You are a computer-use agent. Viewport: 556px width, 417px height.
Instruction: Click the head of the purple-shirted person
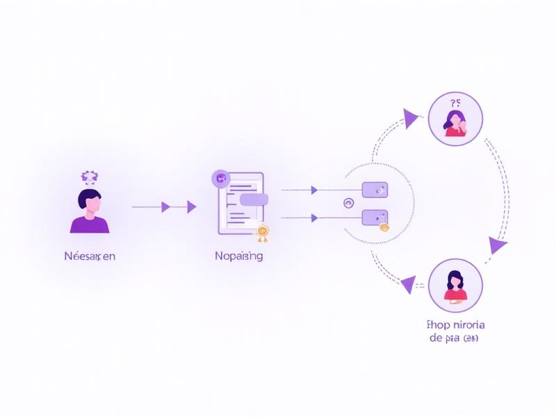[90, 201]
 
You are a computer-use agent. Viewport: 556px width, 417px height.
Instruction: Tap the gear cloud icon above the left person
[89, 177]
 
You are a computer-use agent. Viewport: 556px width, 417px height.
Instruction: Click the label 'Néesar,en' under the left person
[89, 256]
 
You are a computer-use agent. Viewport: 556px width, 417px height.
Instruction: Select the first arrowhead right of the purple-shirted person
[165, 206]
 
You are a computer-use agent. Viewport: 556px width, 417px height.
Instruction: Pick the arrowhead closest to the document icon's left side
[191, 206]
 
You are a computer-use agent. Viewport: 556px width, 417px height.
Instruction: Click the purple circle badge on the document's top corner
[220, 179]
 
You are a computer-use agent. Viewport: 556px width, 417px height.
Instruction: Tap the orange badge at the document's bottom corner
[262, 232]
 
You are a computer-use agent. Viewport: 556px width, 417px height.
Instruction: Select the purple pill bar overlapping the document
[254, 199]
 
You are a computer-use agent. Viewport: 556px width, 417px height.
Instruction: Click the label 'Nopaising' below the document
[238, 256]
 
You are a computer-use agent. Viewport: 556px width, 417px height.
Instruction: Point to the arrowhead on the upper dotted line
[314, 190]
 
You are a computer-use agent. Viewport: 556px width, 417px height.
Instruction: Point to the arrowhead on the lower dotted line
[314, 218]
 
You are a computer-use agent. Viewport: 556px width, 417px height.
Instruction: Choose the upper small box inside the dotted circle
[375, 190]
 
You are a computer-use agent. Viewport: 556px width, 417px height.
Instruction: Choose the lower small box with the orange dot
[375, 218]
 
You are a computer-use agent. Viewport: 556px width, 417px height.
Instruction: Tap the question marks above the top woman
[457, 101]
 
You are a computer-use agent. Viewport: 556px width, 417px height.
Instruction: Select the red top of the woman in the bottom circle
[455, 296]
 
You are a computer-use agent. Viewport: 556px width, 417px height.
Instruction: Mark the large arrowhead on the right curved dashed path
[498, 245]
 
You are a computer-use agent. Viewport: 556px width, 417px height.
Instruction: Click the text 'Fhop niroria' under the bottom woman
[455, 325]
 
